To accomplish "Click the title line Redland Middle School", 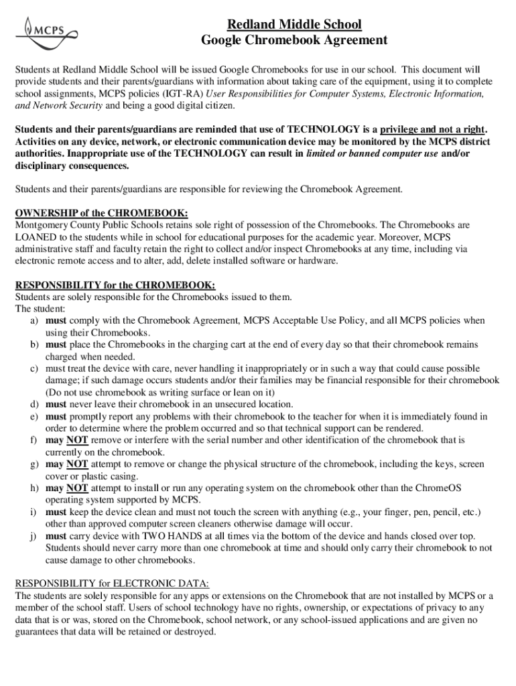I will pos(294,25).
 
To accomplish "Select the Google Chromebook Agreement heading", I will pos(294,40).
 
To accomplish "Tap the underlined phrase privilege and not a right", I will pos(432,130).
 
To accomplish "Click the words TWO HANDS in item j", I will pos(187,537).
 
